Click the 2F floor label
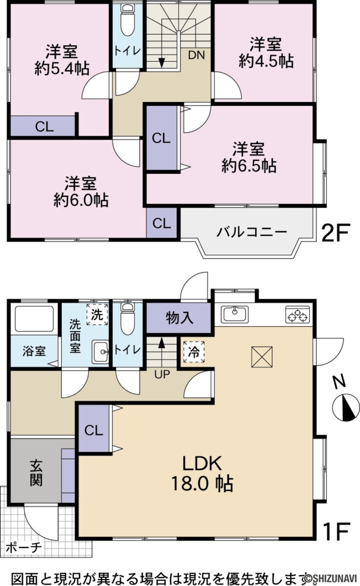click(335, 233)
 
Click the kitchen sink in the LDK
click(234, 314)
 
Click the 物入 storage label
click(180, 318)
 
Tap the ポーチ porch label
click(23, 547)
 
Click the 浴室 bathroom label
click(34, 351)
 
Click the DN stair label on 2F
click(196, 55)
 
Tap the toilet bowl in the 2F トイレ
click(128, 22)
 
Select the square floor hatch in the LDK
click(260, 357)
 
